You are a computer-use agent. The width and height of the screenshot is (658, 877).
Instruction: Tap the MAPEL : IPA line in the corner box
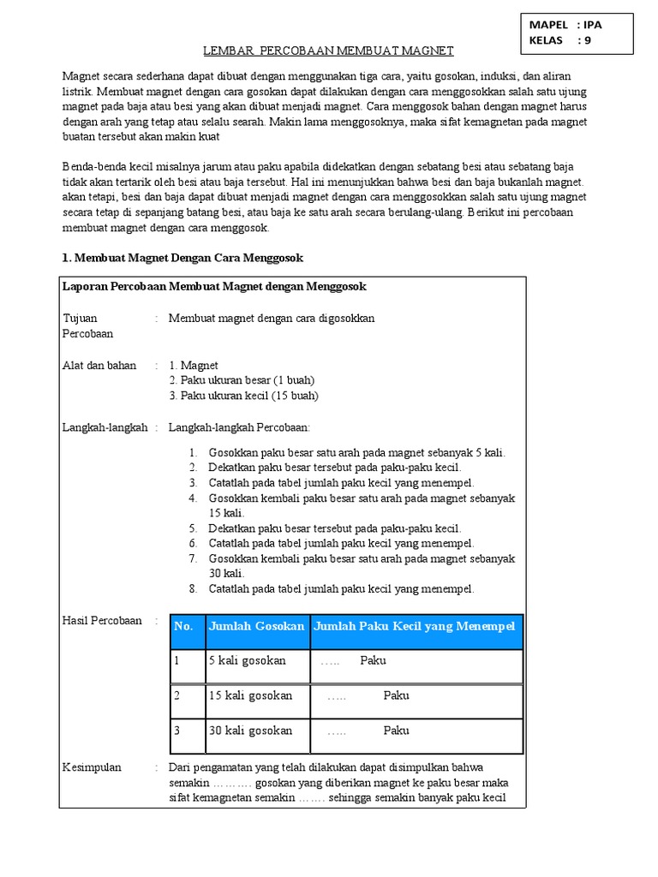coord(565,24)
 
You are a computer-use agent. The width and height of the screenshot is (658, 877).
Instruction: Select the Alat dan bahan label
coord(99,365)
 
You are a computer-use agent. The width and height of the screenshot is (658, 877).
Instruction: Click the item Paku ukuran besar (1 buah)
coord(242,380)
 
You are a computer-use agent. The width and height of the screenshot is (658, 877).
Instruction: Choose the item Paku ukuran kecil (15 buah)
coord(243,396)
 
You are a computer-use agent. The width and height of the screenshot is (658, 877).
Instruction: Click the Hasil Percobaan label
coord(103,621)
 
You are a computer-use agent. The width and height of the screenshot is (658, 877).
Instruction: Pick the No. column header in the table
coord(183,627)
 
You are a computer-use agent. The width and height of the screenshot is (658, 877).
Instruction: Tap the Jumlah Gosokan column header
coord(256,627)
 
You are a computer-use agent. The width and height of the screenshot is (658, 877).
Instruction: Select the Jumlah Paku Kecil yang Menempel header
coord(415,627)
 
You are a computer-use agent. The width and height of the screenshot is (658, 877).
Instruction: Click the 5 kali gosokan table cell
coord(247,661)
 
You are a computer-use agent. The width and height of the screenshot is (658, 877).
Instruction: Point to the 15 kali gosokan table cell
coord(250,695)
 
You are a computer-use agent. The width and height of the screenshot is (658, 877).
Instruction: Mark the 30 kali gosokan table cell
coord(250,731)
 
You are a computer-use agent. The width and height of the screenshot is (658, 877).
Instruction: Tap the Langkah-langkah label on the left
coord(105,427)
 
